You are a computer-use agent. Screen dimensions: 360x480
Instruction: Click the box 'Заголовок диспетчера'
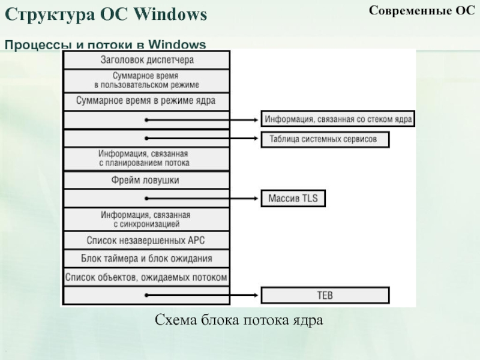[146, 60]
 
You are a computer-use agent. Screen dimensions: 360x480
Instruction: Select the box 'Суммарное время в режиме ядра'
[146, 101]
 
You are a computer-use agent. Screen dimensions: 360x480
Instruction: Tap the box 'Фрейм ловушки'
[146, 180]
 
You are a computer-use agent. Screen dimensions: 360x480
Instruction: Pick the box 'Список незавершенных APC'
[146, 240]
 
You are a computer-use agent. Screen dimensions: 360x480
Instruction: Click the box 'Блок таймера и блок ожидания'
[146, 259]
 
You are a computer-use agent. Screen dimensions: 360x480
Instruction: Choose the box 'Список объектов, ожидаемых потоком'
[146, 277]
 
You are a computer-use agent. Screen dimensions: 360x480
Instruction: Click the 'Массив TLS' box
[293, 198]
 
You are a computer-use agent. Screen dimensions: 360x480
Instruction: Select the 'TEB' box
[325, 295]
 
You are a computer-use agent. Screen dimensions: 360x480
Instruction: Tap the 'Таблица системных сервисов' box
[325, 139]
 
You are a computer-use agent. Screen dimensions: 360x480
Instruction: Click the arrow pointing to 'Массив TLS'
[204, 198]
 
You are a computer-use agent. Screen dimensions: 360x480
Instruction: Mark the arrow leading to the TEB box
[204, 295]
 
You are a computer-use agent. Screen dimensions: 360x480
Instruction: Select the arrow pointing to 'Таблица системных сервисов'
[204, 139]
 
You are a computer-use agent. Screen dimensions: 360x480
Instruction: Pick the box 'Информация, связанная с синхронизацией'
[146, 219]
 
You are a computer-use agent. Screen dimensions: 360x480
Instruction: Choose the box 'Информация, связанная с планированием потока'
[146, 158]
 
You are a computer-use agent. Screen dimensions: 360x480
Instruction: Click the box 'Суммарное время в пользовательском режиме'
[146, 80]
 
